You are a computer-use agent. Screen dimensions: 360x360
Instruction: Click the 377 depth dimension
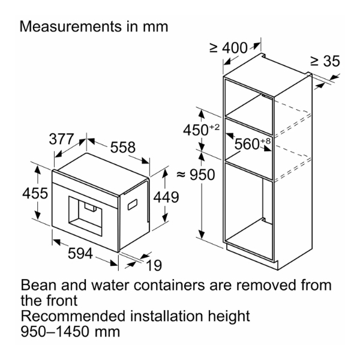coord(61,139)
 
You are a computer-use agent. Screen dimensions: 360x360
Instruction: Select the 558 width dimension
coord(123,147)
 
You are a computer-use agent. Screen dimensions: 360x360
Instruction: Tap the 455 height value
coord(35,193)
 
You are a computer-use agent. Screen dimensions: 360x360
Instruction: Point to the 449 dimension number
coord(166,197)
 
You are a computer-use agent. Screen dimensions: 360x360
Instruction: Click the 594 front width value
coord(80,253)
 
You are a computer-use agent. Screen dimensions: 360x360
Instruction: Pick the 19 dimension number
coord(154,265)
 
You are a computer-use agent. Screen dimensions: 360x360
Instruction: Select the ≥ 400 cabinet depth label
coord(229,48)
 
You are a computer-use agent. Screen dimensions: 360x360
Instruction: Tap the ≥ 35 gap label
coord(325,61)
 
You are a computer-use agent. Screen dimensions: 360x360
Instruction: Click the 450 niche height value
coord(196,130)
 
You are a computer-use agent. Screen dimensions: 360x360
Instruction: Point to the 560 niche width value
coord(247,144)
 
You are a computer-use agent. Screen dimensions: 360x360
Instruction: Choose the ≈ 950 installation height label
coord(196,175)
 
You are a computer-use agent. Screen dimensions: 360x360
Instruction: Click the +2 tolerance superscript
coord(214,127)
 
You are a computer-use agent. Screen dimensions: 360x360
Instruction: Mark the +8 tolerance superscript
coord(265,141)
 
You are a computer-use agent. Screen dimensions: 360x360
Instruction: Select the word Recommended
coord(74,316)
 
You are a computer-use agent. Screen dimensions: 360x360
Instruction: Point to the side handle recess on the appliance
coord(133,204)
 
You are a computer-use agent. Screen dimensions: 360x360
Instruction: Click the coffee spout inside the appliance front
coord(91,206)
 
